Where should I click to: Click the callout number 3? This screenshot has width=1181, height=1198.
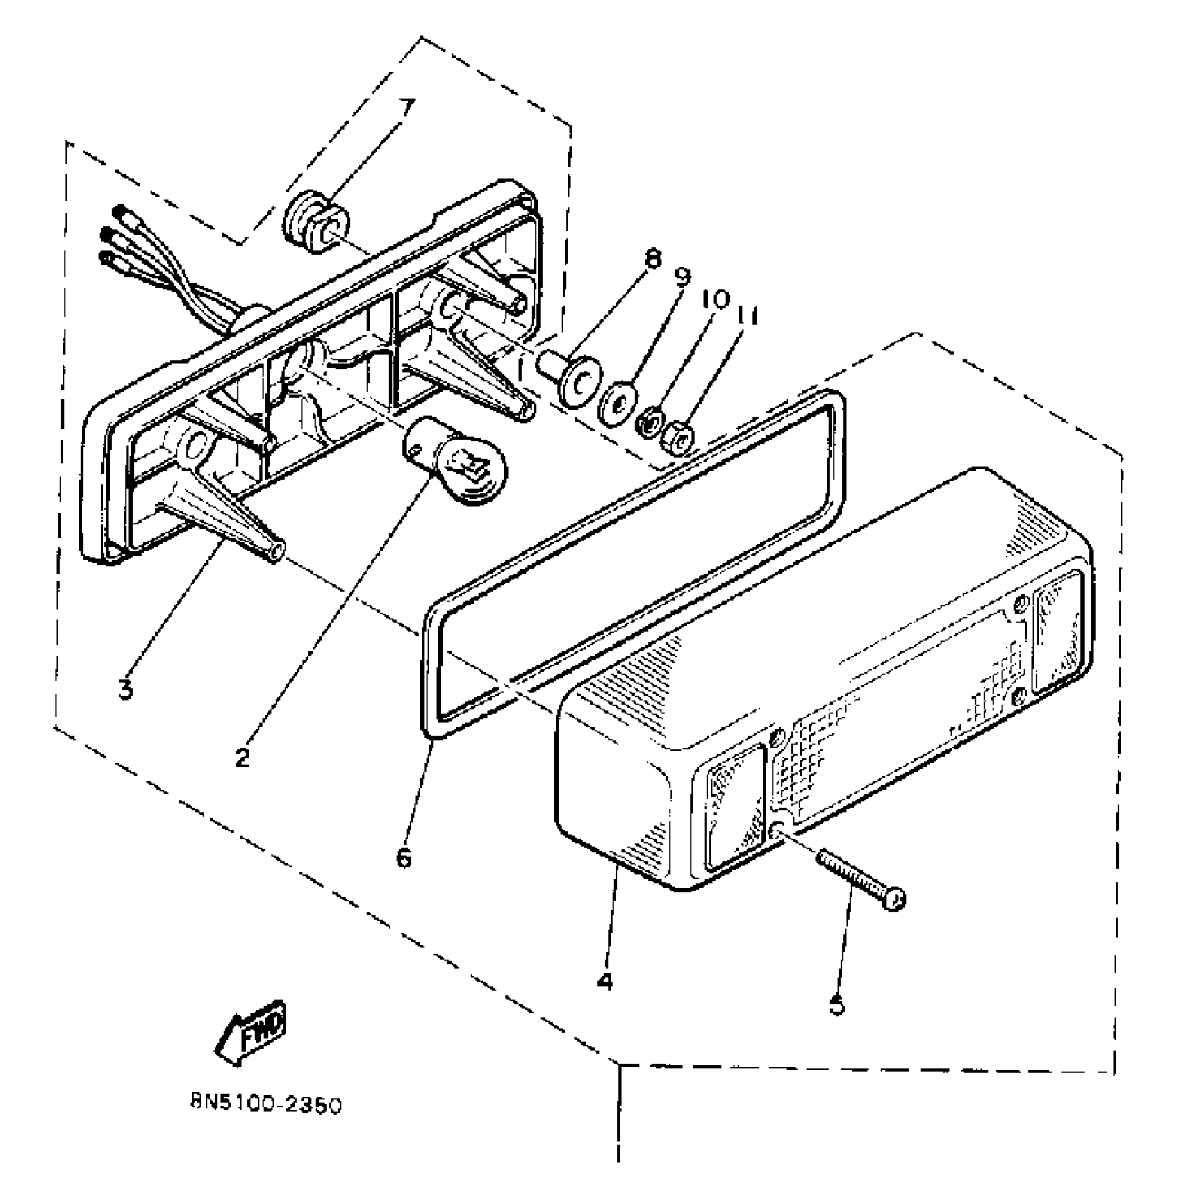[x=125, y=690]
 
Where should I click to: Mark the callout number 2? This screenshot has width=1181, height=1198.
[x=241, y=758]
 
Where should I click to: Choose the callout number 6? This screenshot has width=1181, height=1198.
[x=404, y=858]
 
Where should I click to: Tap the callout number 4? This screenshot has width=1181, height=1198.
[x=604, y=981]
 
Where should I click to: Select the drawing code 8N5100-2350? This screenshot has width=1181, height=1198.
[x=265, y=1105]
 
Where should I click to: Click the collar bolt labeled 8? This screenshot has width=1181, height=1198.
[x=574, y=377]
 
